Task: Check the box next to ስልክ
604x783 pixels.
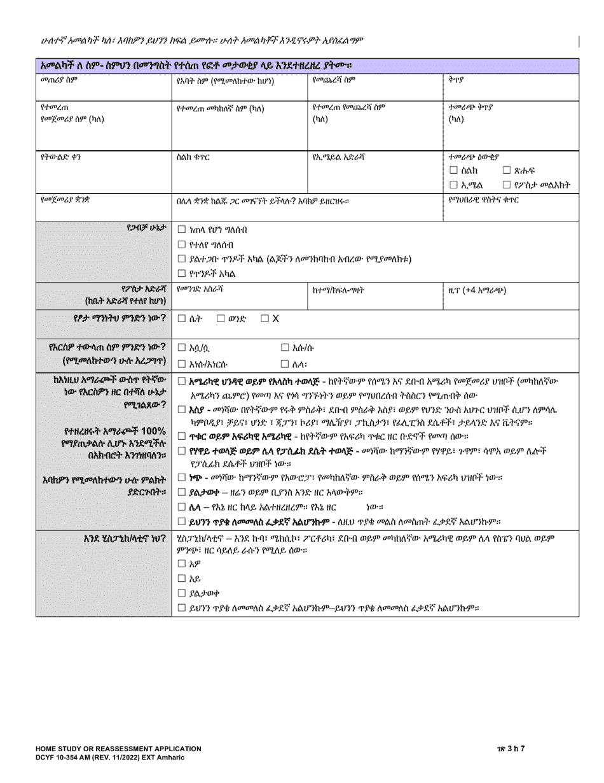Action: (x=453, y=171)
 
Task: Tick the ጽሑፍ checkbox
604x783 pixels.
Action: (x=507, y=171)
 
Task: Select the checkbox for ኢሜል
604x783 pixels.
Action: (x=453, y=185)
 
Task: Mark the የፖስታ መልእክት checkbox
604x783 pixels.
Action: (x=507, y=185)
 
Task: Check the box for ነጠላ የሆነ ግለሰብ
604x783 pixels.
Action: (x=182, y=230)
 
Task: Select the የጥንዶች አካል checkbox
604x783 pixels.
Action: (x=182, y=274)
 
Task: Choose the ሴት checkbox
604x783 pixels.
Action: (x=182, y=318)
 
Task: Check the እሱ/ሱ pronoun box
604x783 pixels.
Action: (x=285, y=348)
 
